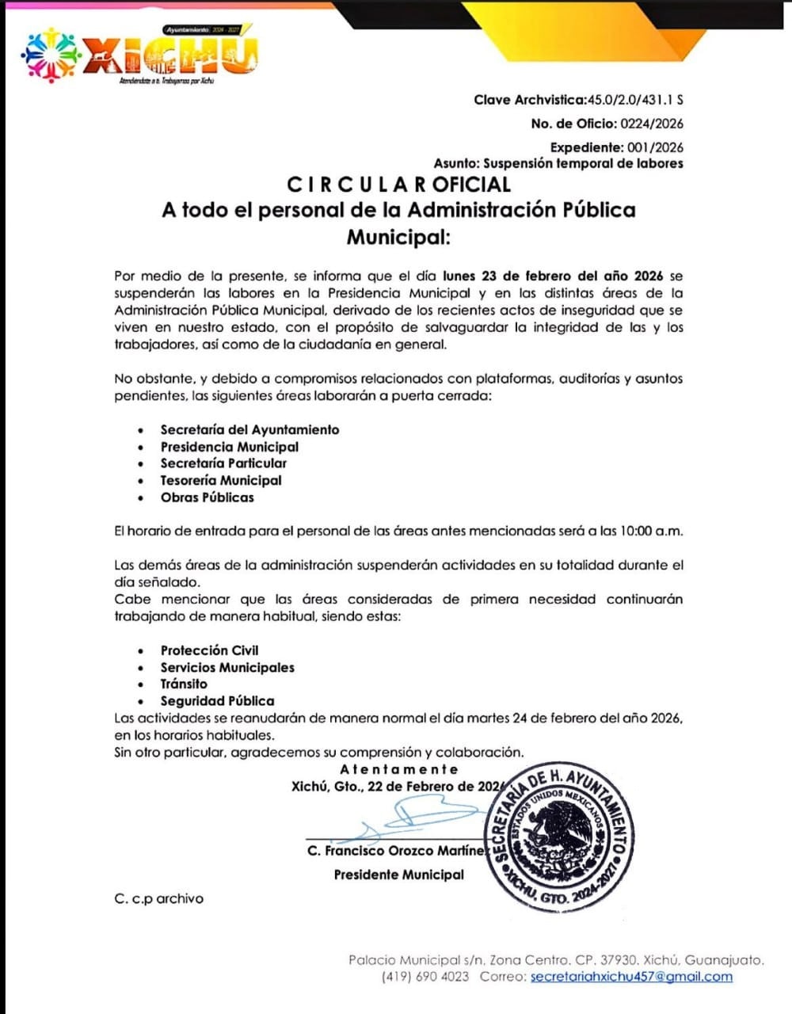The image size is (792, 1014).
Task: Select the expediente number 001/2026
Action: pyautogui.click(x=654, y=147)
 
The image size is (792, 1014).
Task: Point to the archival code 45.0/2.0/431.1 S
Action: pyautogui.click(x=634, y=100)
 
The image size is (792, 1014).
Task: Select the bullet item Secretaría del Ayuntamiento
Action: pyautogui.click(x=249, y=429)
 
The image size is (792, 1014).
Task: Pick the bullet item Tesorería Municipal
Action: pyautogui.click(x=221, y=480)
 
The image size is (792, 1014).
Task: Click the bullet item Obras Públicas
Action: pyautogui.click(x=208, y=497)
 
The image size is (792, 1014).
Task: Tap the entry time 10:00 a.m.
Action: pyautogui.click(x=649, y=531)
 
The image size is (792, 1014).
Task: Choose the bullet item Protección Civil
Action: pyautogui.click(x=209, y=650)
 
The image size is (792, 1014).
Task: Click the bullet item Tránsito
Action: pyautogui.click(x=184, y=684)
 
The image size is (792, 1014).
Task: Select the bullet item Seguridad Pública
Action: pyautogui.click(x=217, y=701)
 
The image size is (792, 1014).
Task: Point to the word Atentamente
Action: pyautogui.click(x=399, y=769)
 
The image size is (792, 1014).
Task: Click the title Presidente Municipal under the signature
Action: pyautogui.click(x=398, y=875)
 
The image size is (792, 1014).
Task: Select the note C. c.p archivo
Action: pyautogui.click(x=158, y=898)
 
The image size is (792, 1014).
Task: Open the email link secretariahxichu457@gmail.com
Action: pyautogui.click(x=631, y=976)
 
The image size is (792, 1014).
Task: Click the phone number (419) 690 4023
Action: pyautogui.click(x=425, y=976)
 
